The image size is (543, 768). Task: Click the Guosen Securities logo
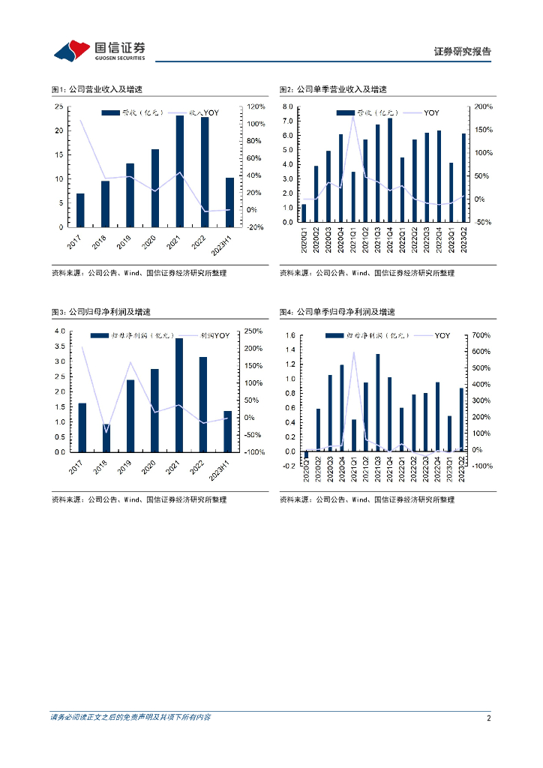pyautogui.click(x=99, y=50)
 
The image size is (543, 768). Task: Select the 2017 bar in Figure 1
pyautogui.click(x=80, y=210)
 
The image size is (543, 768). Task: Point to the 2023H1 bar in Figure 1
pyautogui.click(x=229, y=202)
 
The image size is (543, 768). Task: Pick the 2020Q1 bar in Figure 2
pyautogui.click(x=304, y=214)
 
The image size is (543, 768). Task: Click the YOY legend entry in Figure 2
pyautogui.click(x=431, y=112)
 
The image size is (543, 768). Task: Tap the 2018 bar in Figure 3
pyautogui.click(x=106, y=438)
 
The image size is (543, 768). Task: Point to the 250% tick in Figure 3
pyautogui.click(x=253, y=331)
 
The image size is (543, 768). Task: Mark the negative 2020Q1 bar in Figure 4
pyautogui.click(x=307, y=454)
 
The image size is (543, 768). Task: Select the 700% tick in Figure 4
pyautogui.click(x=481, y=335)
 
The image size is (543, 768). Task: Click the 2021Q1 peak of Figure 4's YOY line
pyautogui.click(x=354, y=352)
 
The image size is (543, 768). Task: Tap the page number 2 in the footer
pyautogui.click(x=488, y=718)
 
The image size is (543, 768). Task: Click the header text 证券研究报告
pyautogui.click(x=463, y=52)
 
